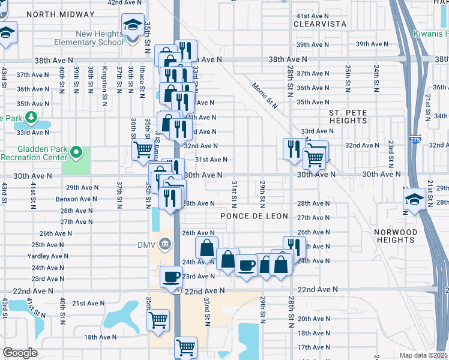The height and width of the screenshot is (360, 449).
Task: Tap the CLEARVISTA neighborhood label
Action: pos(320,24)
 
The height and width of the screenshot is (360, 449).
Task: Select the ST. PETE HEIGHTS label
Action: pos(352,116)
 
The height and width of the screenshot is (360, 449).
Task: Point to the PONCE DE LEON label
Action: pos(255,216)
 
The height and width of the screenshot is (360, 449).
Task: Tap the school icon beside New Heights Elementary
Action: pos(133,26)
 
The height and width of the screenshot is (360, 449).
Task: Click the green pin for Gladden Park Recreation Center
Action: pos(76,153)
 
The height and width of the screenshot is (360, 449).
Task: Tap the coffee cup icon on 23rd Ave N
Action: pos(172,277)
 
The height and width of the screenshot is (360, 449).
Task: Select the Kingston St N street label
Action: pos(105,79)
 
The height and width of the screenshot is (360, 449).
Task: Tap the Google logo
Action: pos(20,353)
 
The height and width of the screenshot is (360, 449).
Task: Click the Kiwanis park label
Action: pos(431,34)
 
